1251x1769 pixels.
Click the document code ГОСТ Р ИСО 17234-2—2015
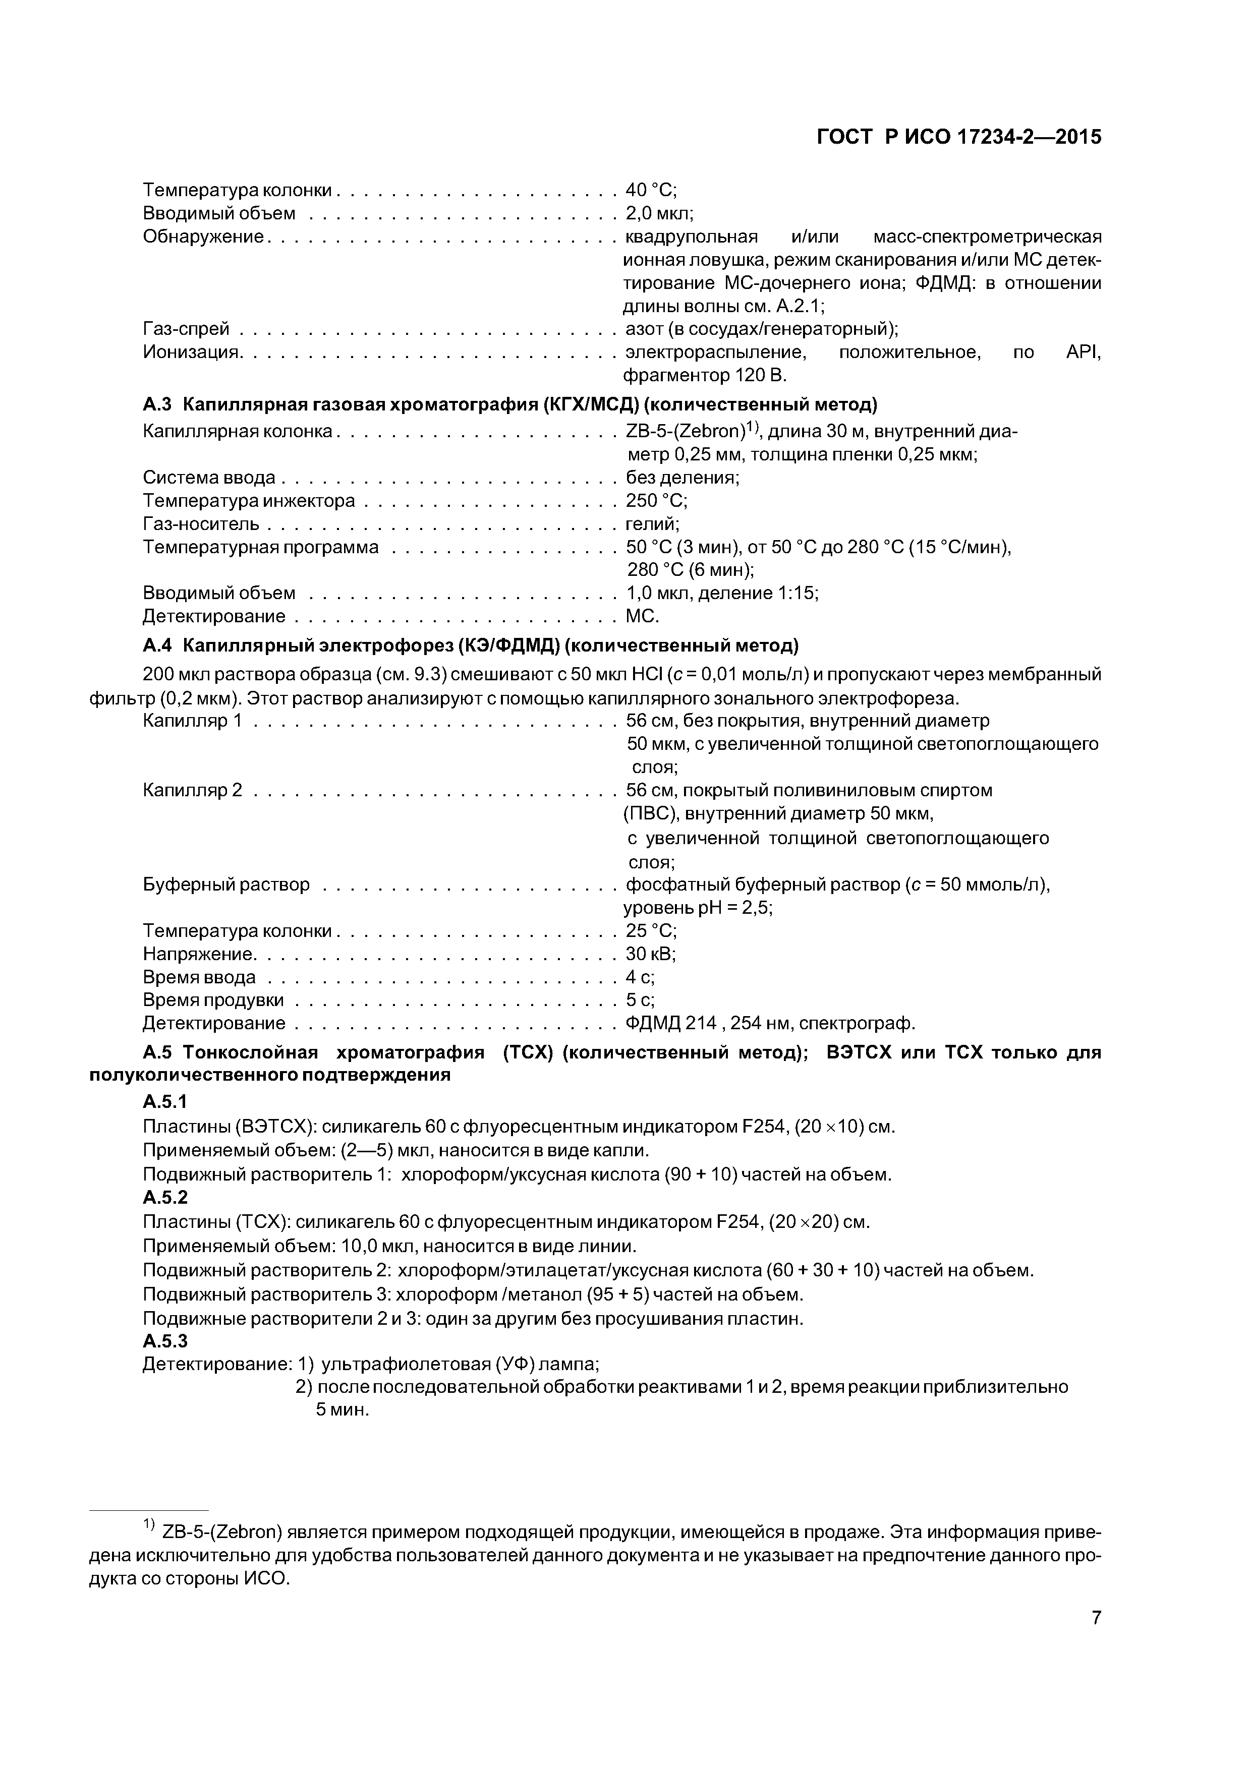pos(959,137)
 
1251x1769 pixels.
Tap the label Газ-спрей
pos(187,329)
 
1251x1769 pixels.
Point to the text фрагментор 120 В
pos(705,376)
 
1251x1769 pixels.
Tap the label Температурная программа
pos(260,548)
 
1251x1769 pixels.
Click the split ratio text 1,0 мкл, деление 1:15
pos(721,593)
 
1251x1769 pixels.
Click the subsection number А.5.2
pos(165,1197)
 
